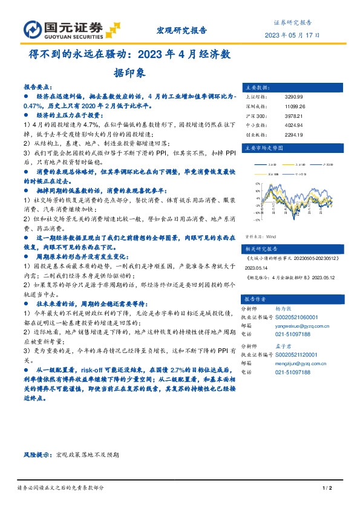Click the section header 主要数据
pos(255,86)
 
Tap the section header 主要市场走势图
pos(263,147)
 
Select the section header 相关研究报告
pos(260,248)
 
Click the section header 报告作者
pos(255,299)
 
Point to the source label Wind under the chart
pos(270,237)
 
